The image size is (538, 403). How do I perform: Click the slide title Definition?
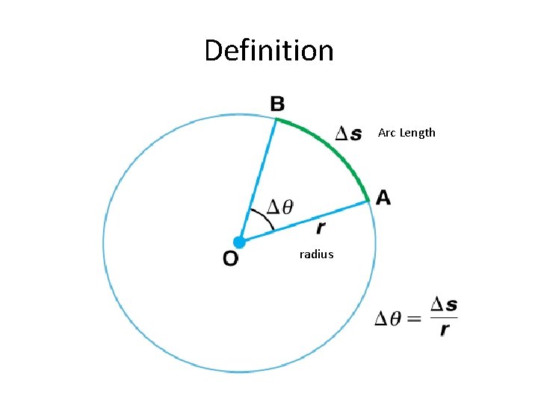point(269,51)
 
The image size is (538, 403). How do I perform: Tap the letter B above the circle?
point(277,104)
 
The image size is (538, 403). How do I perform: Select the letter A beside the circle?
point(383,197)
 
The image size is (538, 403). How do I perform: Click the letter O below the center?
point(231,259)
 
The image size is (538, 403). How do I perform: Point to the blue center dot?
point(239,242)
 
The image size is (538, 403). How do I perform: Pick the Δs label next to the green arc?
point(348,134)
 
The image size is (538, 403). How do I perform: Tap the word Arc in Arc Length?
point(386,133)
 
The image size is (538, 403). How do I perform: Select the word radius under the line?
point(316,254)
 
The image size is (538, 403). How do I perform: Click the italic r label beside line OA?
point(321,227)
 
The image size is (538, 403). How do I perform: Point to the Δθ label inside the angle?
point(281,205)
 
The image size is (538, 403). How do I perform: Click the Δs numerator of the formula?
point(443,305)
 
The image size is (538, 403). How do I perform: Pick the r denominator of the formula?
point(445,331)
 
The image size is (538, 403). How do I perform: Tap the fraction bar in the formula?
point(443,318)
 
